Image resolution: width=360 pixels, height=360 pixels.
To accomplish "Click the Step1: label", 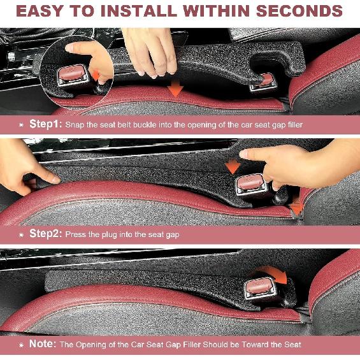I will pos(46,124).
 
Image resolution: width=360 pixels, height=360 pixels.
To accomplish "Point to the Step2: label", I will pos(46,234).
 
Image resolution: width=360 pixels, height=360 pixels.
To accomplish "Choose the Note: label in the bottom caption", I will pos(43,344).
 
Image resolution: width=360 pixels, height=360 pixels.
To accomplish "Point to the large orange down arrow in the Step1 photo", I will pos(176,89).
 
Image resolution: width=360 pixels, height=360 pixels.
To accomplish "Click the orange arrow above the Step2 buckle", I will pos(233,166).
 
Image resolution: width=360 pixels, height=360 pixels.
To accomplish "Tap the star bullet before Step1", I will pos(22,125).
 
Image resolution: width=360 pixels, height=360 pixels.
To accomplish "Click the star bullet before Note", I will pos(22,345).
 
